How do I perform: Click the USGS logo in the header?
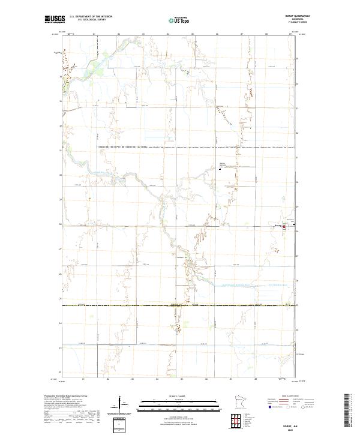point(55,20)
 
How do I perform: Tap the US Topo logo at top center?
point(178,20)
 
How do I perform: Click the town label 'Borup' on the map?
point(277,226)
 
